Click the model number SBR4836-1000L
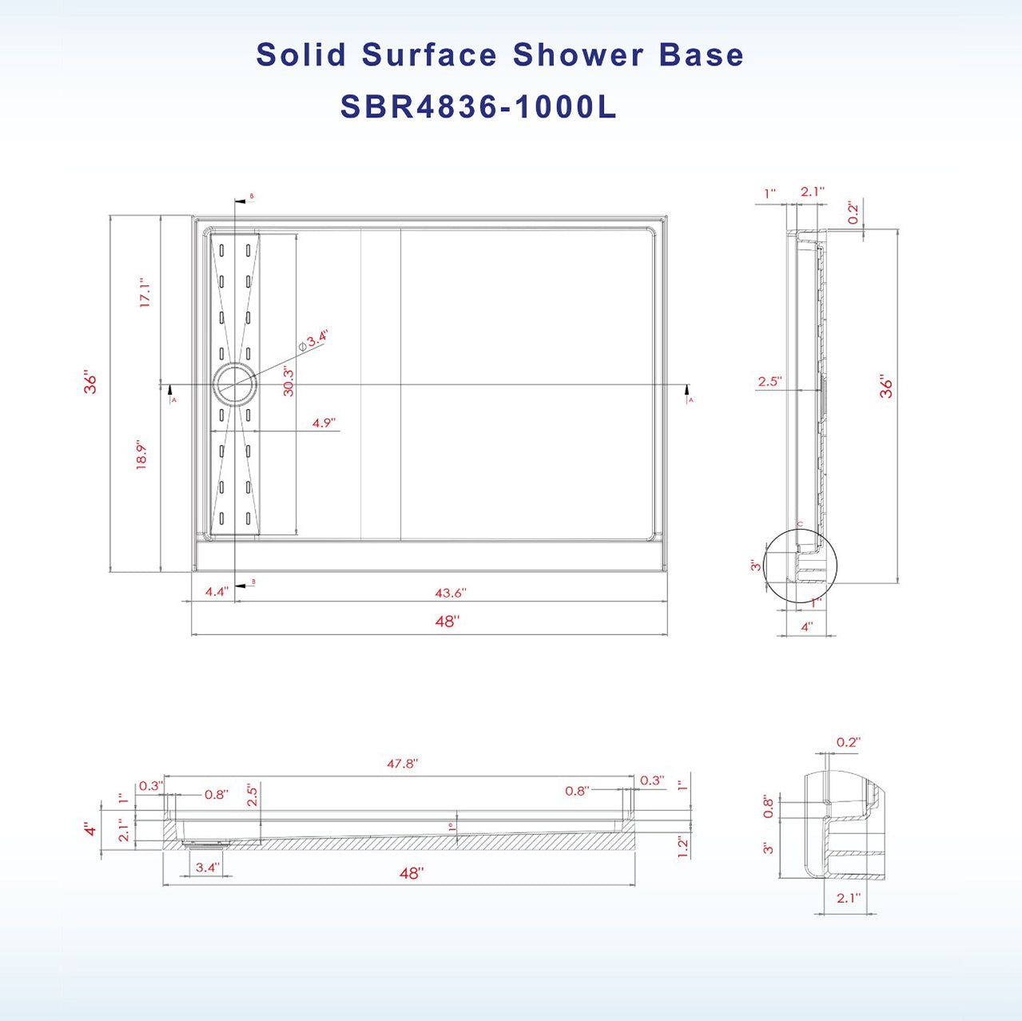pos(478,106)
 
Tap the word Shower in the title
pos(578,55)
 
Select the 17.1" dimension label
pos(145,293)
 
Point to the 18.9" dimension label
pos(142,454)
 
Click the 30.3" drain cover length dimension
pos(288,381)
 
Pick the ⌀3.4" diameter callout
pos(313,341)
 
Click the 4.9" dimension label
pos(323,423)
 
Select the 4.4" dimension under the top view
pos(216,592)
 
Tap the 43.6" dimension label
pos(450,593)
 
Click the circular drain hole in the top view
pos(235,384)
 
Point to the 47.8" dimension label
pos(402,764)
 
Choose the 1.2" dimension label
pos(682,847)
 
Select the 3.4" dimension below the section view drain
pos(206,868)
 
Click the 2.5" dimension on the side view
pos(769,382)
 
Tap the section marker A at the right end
pos(690,399)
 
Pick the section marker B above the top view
pos(252,196)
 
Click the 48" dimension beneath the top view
pos(447,621)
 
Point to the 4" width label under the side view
pos(806,627)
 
